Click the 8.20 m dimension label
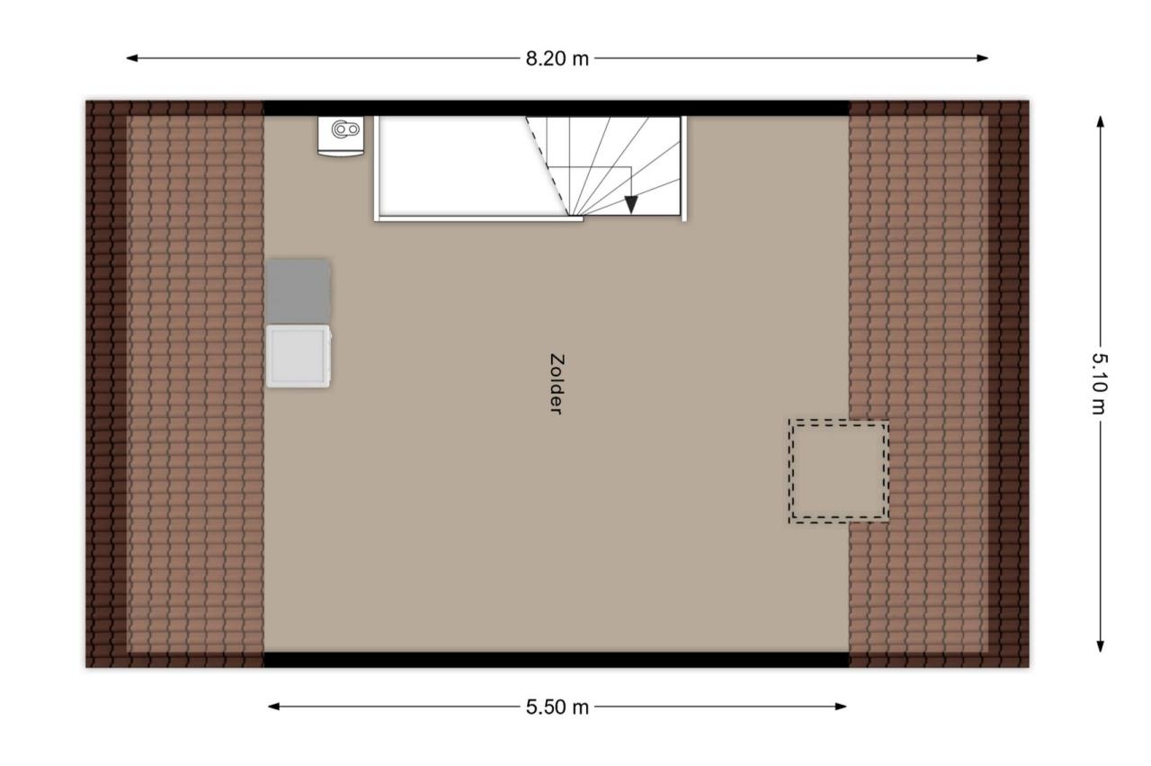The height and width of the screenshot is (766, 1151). (557, 59)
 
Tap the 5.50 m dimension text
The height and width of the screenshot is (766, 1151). (557, 708)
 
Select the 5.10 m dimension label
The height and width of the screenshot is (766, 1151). (1099, 384)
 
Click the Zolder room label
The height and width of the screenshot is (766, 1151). (557, 384)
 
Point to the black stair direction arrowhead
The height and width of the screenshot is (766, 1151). (631, 205)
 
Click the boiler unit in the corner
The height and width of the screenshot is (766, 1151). (341, 136)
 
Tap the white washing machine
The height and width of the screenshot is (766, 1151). (299, 356)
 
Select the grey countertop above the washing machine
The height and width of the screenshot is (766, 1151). (298, 292)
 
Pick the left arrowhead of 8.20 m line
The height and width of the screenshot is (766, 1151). (132, 58)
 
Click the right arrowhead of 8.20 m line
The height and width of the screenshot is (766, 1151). (983, 58)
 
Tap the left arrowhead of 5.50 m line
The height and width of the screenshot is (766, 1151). (274, 707)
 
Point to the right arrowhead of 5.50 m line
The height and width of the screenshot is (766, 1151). (841, 707)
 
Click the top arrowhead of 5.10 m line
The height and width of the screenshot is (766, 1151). (1100, 121)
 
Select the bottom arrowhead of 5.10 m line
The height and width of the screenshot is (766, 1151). (1100, 646)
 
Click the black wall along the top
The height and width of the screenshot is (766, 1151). (557, 109)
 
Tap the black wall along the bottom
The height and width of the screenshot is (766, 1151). (557, 660)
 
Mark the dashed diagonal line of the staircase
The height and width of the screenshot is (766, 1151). (548, 166)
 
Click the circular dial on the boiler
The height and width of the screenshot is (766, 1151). (341, 129)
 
